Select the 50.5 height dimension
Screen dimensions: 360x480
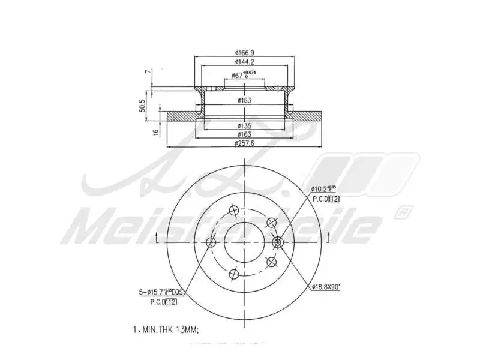point(142,106)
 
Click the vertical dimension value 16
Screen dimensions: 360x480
point(155,131)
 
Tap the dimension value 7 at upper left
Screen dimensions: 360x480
point(146,72)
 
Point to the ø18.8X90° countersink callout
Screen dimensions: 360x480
point(326,287)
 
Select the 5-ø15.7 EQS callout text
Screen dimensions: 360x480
point(161,292)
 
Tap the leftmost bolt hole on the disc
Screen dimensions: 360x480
point(211,242)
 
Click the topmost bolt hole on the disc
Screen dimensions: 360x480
point(235,211)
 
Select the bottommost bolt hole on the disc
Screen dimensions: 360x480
point(235,274)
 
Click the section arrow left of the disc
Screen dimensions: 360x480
point(157,238)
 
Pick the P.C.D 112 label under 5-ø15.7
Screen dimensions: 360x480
point(163,302)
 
